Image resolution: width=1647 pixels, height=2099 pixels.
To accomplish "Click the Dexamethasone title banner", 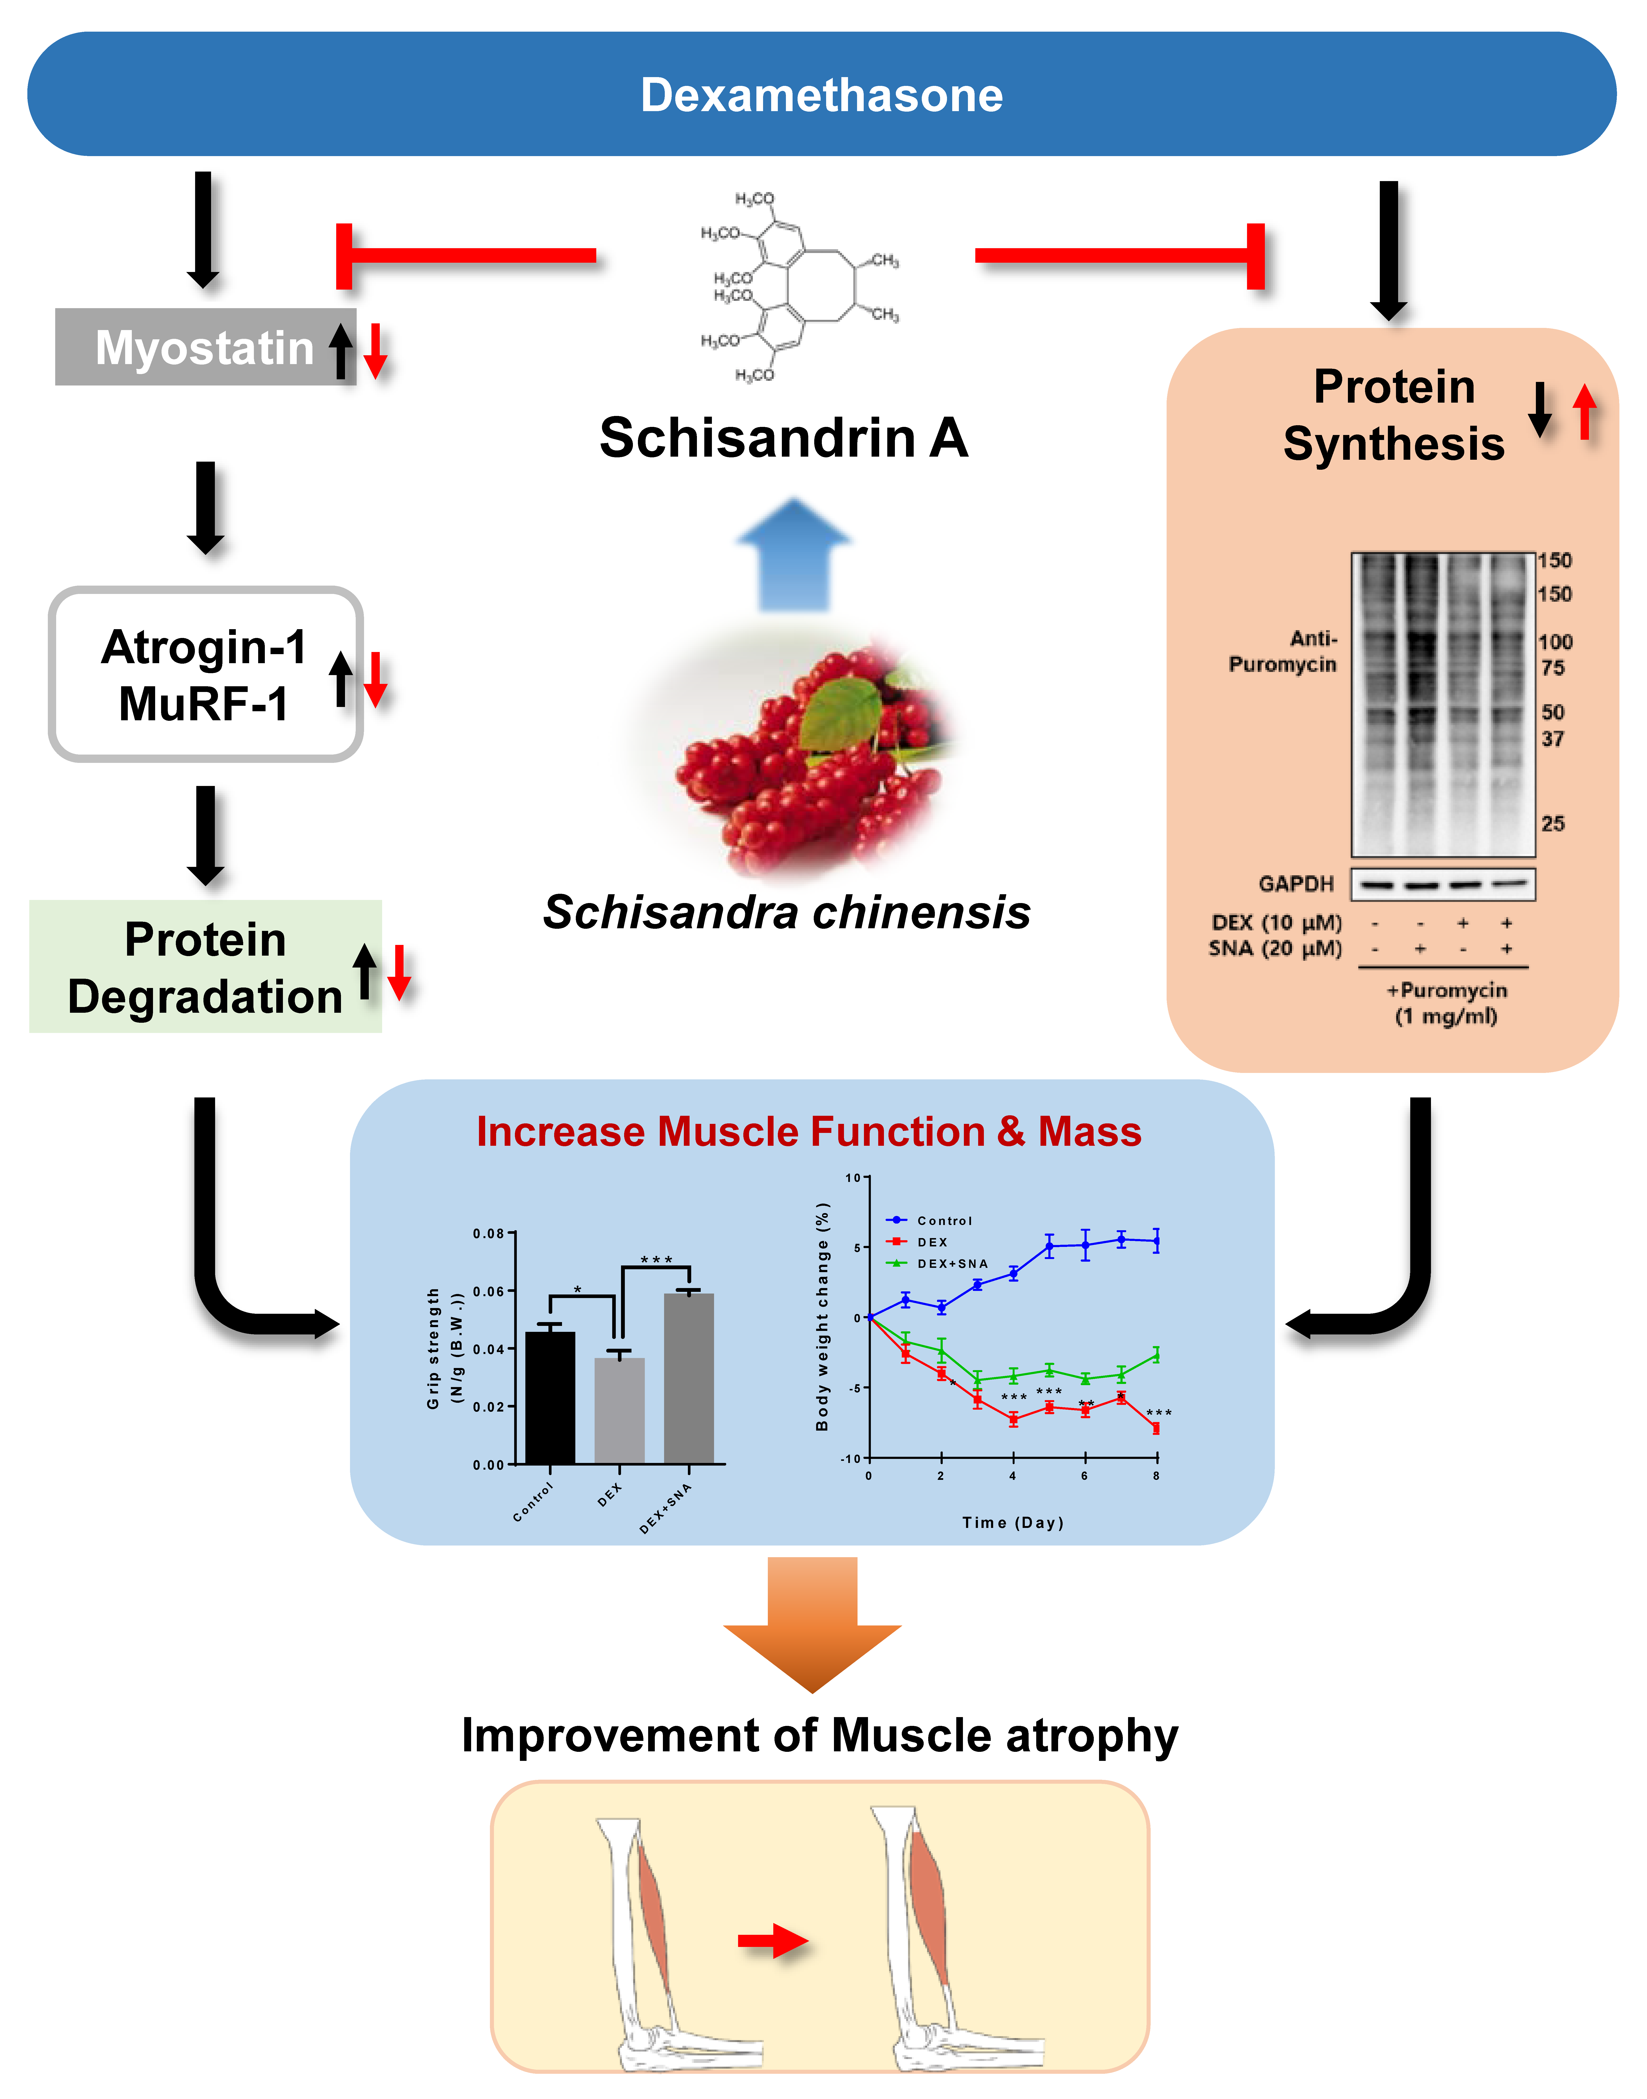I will click(822, 94).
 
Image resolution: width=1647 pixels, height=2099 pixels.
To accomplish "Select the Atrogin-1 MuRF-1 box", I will click(204, 674).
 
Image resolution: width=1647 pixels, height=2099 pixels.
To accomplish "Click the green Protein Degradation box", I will click(204, 967).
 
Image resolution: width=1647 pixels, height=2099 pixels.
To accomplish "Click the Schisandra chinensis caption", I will click(787, 912).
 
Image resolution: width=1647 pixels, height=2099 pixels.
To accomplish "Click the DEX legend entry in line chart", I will click(932, 1242).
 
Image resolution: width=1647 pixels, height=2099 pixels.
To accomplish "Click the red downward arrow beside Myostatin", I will click(375, 351).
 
